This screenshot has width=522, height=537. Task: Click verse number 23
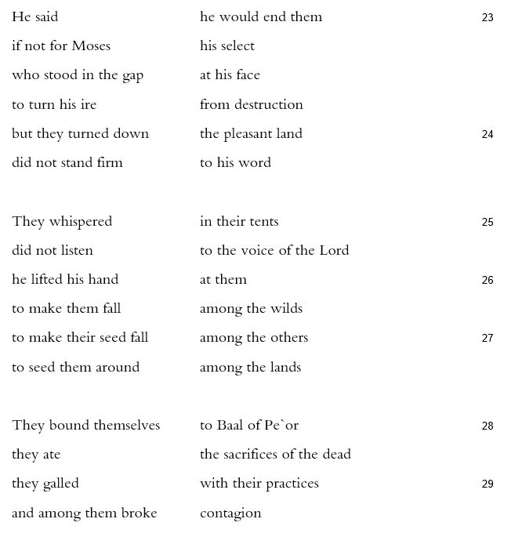coord(488,17)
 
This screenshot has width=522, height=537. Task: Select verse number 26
coord(488,280)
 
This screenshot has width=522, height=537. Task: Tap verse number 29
coord(488,484)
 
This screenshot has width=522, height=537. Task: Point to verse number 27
coord(488,338)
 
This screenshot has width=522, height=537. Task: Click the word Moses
coord(91,45)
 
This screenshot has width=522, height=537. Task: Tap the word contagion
coord(230,513)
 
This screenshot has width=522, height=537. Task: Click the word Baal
coord(232,425)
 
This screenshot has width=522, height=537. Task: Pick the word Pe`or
coord(283,425)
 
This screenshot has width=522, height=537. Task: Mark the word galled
coord(61,483)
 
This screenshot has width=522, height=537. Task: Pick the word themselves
coord(121,425)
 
